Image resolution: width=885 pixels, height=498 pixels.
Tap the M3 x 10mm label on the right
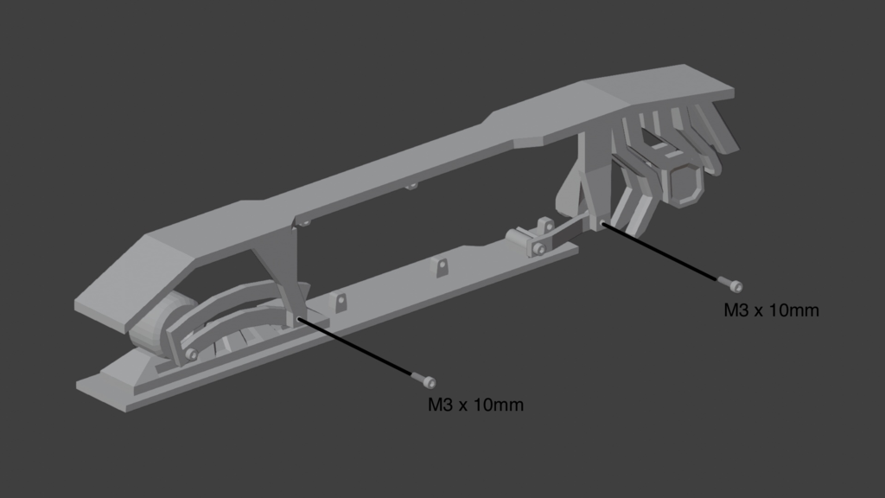[x=771, y=310]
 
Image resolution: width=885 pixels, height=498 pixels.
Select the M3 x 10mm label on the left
[x=475, y=405]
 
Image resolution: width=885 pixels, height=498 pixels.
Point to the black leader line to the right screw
[x=659, y=251]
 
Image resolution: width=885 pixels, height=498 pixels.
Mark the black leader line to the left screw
[x=355, y=346]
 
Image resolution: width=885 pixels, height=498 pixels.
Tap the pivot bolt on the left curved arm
[x=191, y=354]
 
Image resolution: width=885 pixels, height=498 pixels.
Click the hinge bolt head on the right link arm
[x=539, y=248]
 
